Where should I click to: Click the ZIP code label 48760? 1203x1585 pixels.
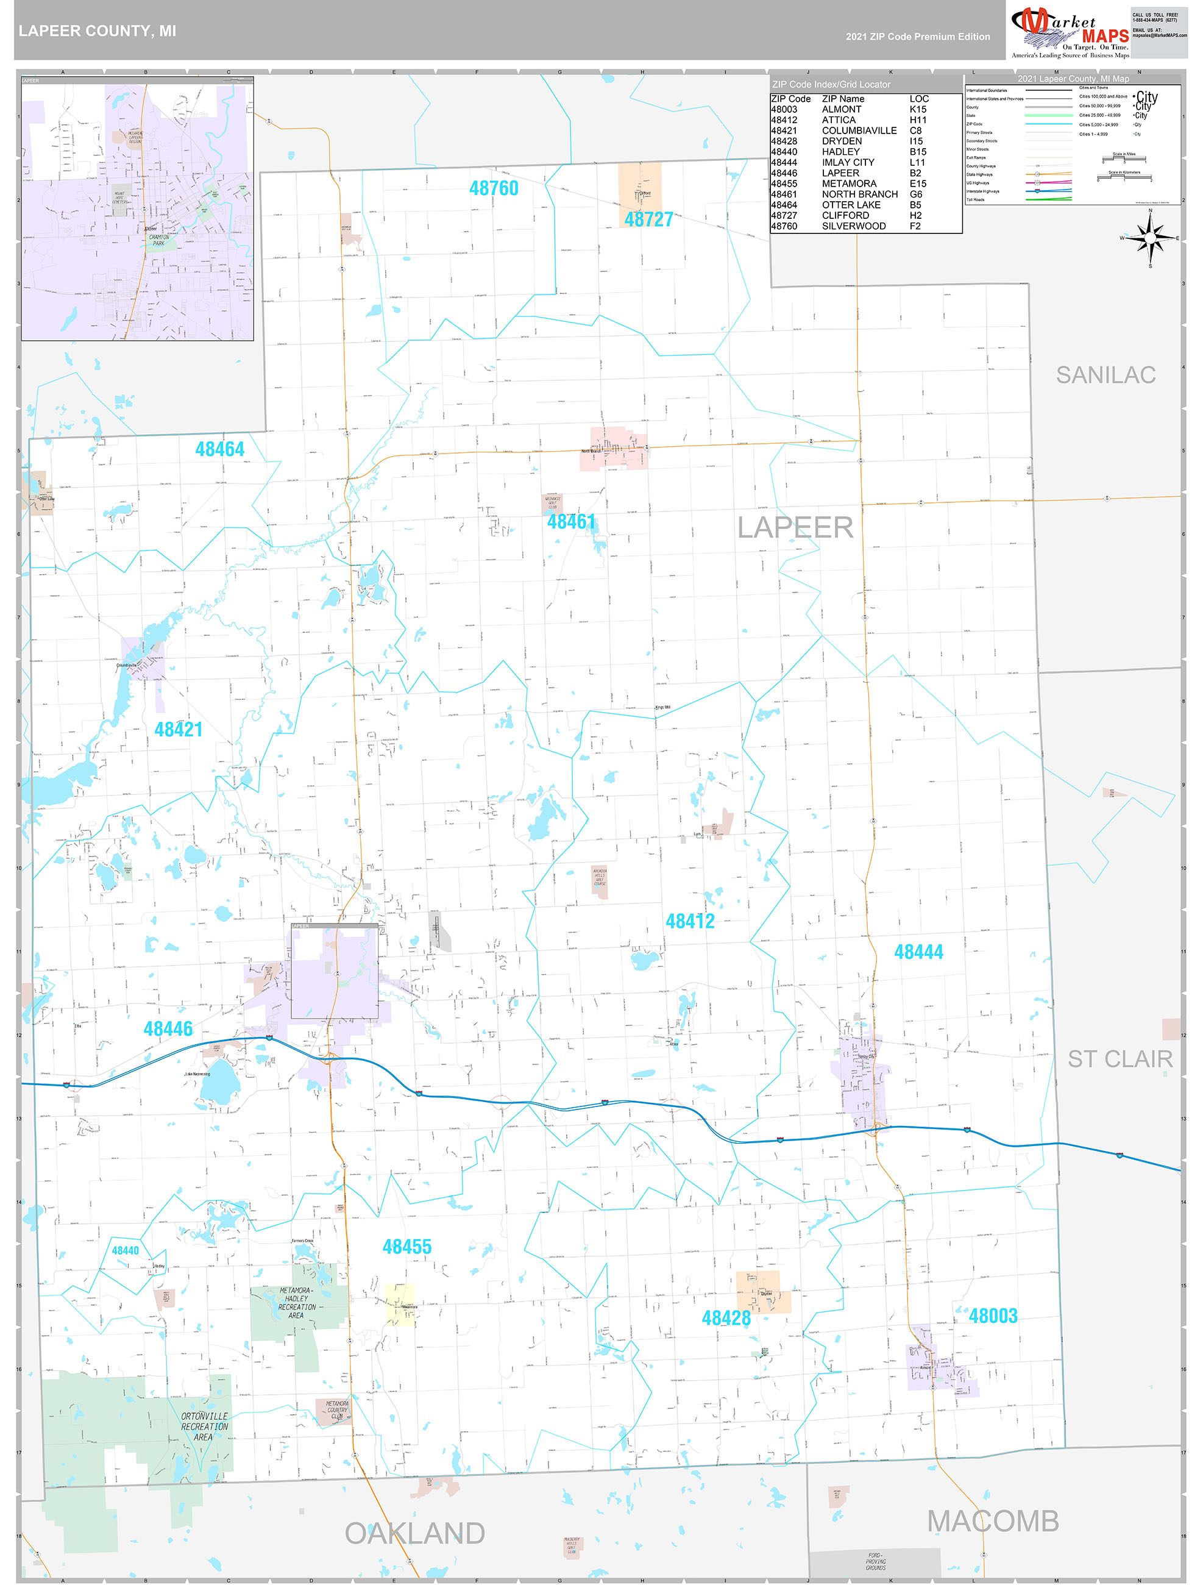click(493, 188)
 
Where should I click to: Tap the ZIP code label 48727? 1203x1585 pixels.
click(648, 220)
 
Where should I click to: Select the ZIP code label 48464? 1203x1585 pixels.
click(219, 449)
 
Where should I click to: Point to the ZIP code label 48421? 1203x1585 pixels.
click(179, 730)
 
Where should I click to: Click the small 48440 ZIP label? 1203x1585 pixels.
click(126, 1250)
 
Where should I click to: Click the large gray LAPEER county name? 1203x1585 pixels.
click(795, 528)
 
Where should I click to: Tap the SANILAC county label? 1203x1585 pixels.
click(1105, 375)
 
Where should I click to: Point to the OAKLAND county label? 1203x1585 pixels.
click(415, 1533)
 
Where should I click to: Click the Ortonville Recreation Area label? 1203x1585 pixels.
click(204, 1426)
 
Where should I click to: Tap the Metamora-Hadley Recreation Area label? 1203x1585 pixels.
click(296, 1303)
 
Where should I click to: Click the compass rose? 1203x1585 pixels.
click(1150, 238)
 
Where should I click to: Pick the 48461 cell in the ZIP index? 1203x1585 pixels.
click(783, 194)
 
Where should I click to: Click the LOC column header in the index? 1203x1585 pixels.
click(918, 99)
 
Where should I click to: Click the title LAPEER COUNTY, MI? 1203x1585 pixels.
click(98, 32)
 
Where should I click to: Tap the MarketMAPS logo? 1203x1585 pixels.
click(1069, 32)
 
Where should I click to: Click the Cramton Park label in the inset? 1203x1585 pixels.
click(158, 240)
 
